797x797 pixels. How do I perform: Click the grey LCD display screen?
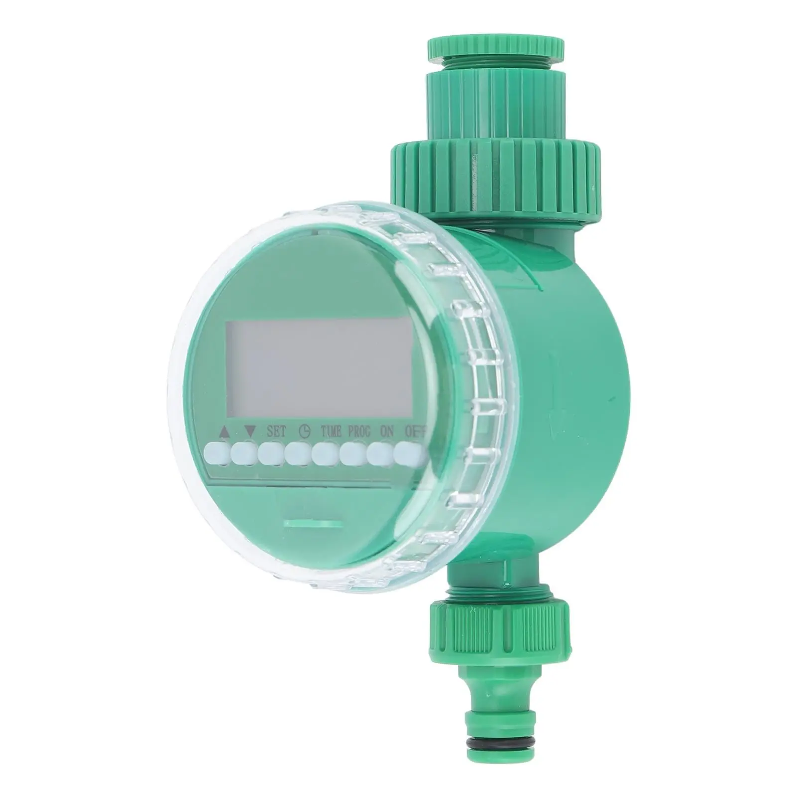(x=319, y=368)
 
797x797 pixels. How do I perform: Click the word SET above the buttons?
(x=276, y=432)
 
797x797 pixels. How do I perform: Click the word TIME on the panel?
(x=331, y=432)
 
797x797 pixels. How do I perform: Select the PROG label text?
(x=359, y=432)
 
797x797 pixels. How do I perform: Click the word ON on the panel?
(x=386, y=432)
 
